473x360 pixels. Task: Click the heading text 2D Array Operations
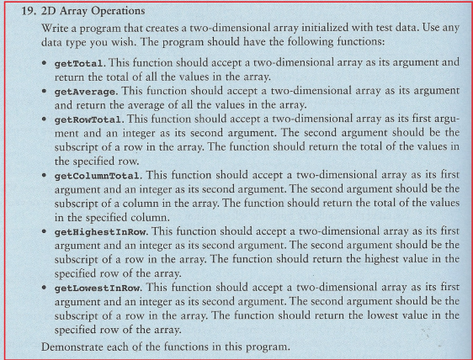(x=81, y=13)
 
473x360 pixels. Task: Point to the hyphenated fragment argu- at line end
(x=445, y=120)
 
